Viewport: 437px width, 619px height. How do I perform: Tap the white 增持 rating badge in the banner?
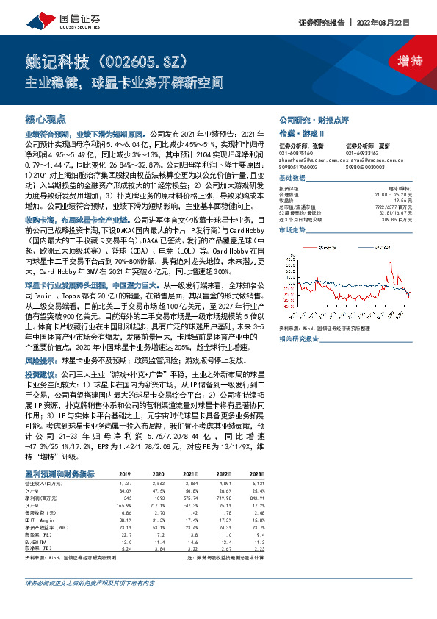(x=399, y=61)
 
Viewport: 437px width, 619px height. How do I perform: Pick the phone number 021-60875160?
(x=296, y=152)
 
